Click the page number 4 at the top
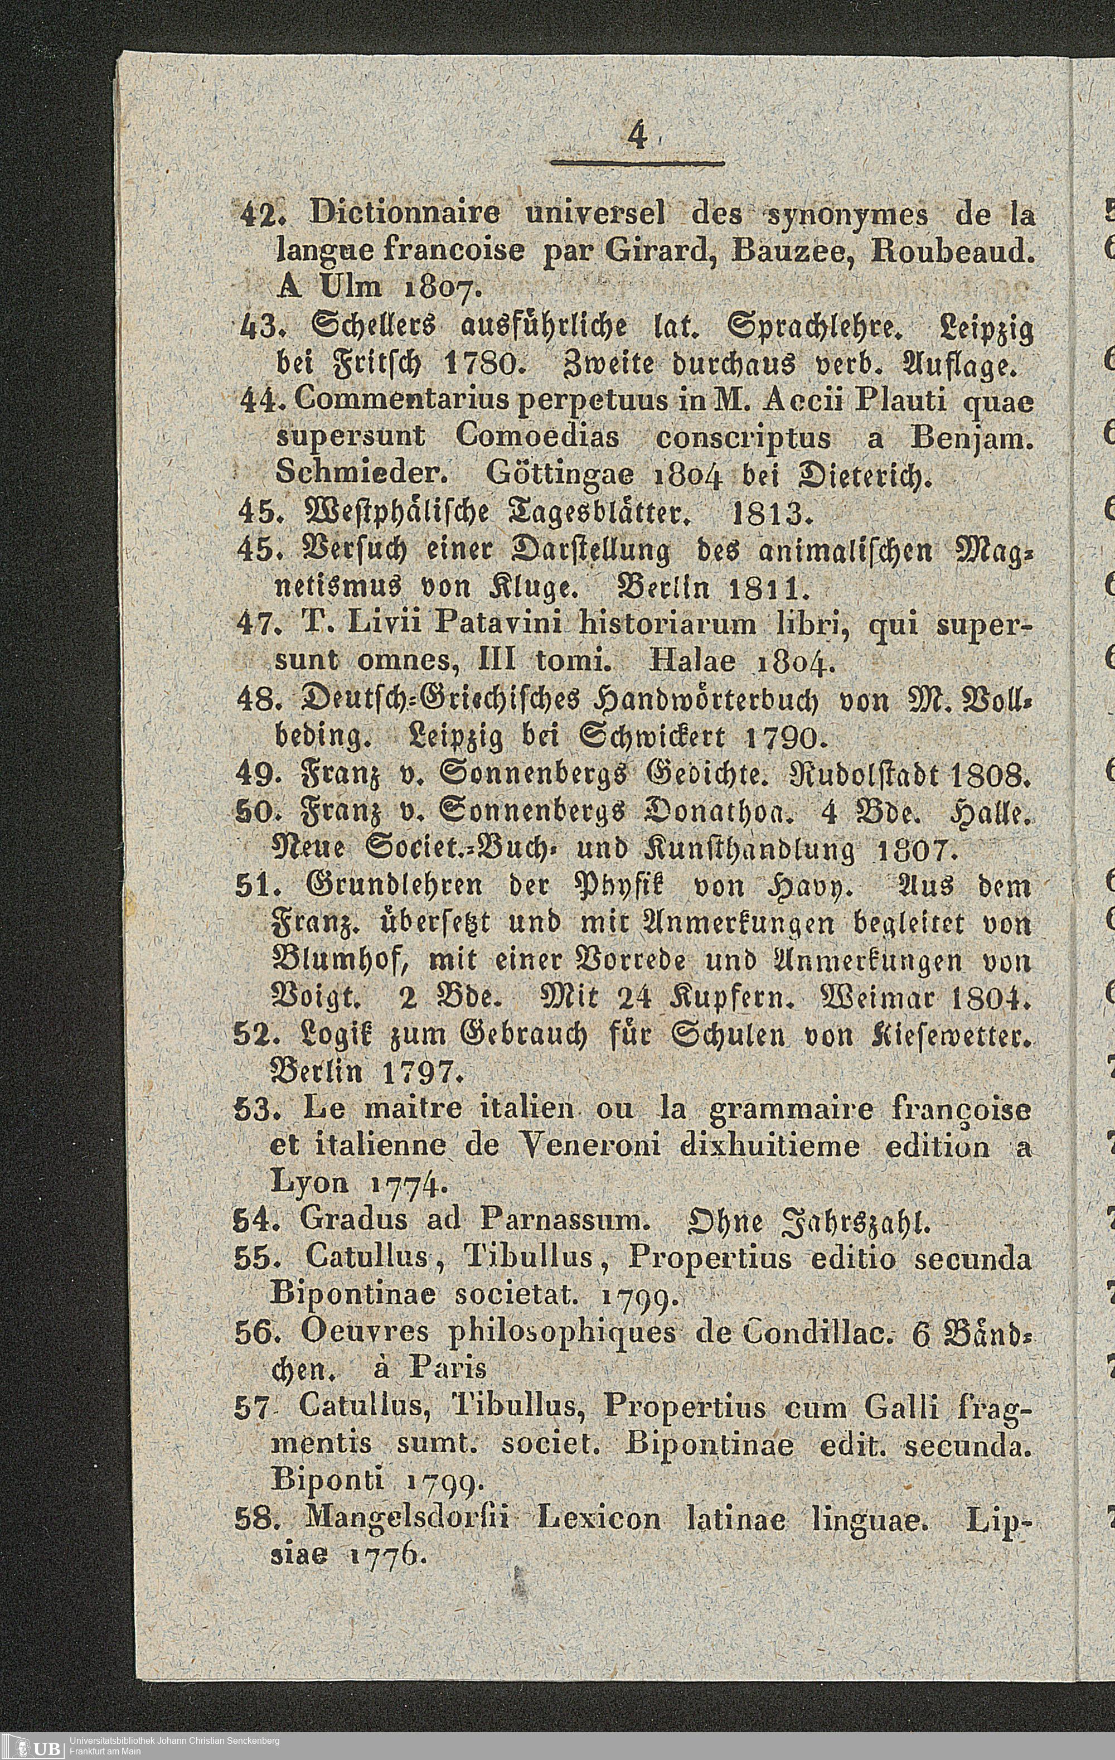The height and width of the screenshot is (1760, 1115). [x=637, y=137]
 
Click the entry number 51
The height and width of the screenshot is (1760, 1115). [x=253, y=887]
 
